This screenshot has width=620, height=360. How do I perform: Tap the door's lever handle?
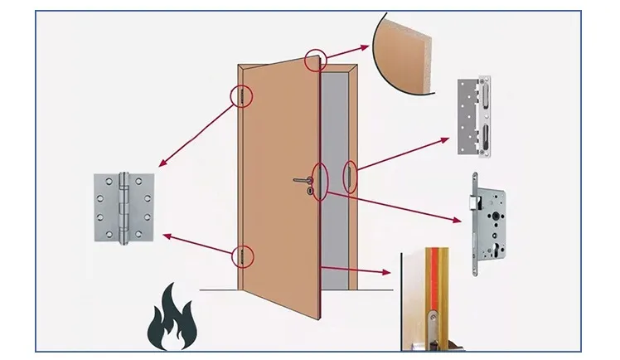pyautogui.click(x=301, y=180)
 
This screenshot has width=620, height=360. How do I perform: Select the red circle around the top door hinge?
pyautogui.click(x=241, y=97)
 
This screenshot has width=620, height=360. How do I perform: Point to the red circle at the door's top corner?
pyautogui.click(x=314, y=60)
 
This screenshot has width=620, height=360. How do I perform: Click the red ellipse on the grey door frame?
pyautogui.click(x=351, y=177)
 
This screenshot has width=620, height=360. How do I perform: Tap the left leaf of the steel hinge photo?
pyautogui.click(x=107, y=207)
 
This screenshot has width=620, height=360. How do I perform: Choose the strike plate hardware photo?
pyautogui.click(x=474, y=117)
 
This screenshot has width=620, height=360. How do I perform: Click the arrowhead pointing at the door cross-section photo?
pyautogui.click(x=387, y=271)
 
